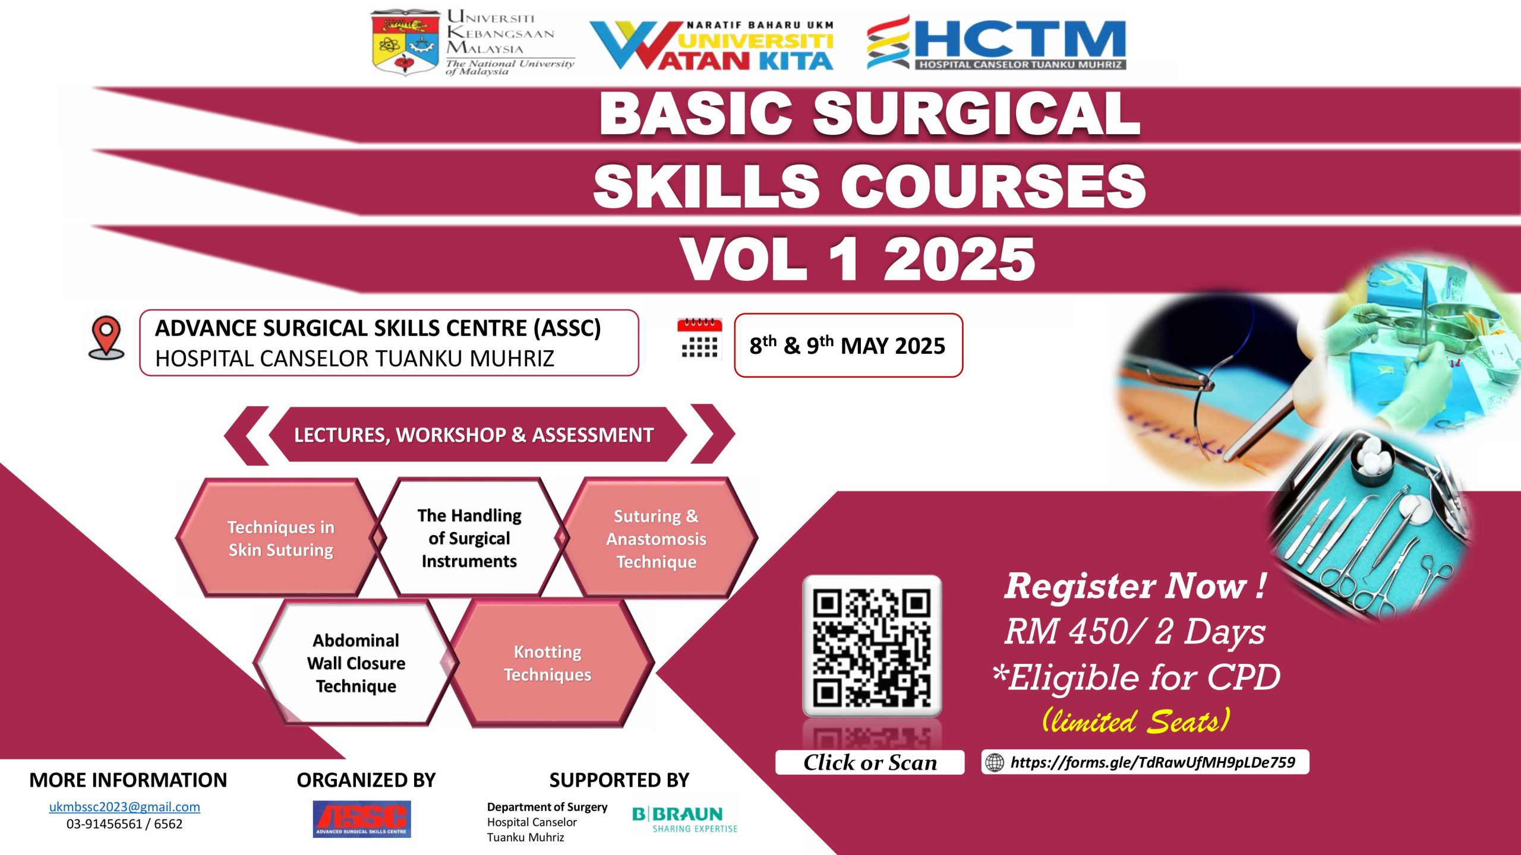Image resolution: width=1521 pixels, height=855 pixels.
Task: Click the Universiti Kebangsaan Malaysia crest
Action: point(405,43)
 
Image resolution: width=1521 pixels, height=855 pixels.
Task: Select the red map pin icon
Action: point(106,337)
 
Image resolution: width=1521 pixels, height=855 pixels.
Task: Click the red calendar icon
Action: point(699,338)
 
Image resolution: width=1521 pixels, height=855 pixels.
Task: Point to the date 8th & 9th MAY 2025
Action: point(847,346)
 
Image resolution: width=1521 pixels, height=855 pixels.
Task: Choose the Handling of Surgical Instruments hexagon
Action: point(469,537)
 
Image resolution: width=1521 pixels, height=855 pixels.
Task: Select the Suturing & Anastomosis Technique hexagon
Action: point(657,538)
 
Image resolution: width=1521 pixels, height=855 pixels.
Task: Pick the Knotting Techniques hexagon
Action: point(548,663)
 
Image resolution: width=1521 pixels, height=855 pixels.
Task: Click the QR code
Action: point(872,645)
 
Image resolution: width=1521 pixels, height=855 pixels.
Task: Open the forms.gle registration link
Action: point(1153,762)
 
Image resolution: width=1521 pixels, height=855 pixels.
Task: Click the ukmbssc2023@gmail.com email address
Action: point(124,807)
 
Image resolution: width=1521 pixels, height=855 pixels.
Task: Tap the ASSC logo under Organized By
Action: point(362,819)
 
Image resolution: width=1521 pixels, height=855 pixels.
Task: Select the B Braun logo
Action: point(685,819)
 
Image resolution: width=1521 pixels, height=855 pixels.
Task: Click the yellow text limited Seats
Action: point(1135,720)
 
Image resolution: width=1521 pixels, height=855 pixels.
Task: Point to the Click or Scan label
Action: point(870,762)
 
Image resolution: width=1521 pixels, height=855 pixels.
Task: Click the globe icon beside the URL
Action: point(995,762)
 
